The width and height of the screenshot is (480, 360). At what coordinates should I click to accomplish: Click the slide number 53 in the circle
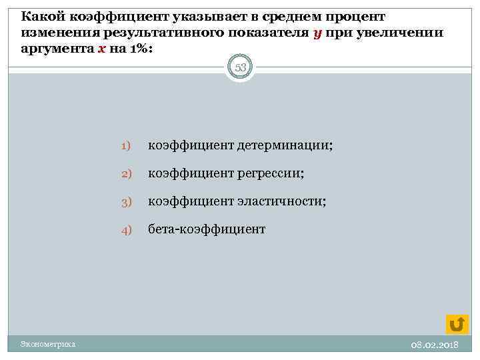[240, 67]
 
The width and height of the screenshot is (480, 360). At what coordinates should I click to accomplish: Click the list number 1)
[127, 146]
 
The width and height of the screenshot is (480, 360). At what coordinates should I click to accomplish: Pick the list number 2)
[127, 174]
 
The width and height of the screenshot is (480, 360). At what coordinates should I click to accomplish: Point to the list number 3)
[127, 201]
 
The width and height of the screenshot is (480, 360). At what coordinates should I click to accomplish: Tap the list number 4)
[127, 229]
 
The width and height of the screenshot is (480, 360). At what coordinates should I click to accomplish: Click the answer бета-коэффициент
[207, 229]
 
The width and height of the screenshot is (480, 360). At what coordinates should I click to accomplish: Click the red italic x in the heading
[101, 50]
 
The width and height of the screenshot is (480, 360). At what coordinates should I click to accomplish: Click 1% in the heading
[139, 50]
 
